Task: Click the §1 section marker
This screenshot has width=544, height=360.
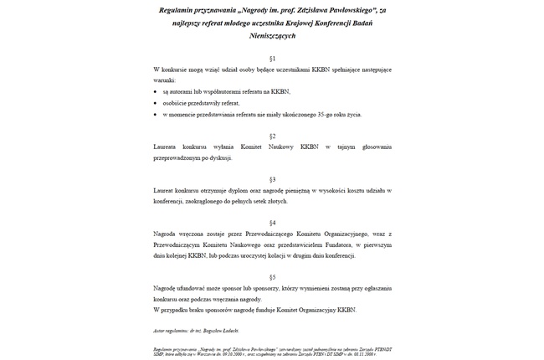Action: point(272,58)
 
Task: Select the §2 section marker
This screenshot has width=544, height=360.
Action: point(272,135)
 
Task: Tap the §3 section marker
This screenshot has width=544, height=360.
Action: point(272,179)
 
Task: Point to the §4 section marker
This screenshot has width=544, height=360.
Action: point(272,223)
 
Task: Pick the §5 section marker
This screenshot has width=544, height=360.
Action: point(272,276)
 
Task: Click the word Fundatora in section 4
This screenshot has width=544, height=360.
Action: point(334,244)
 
